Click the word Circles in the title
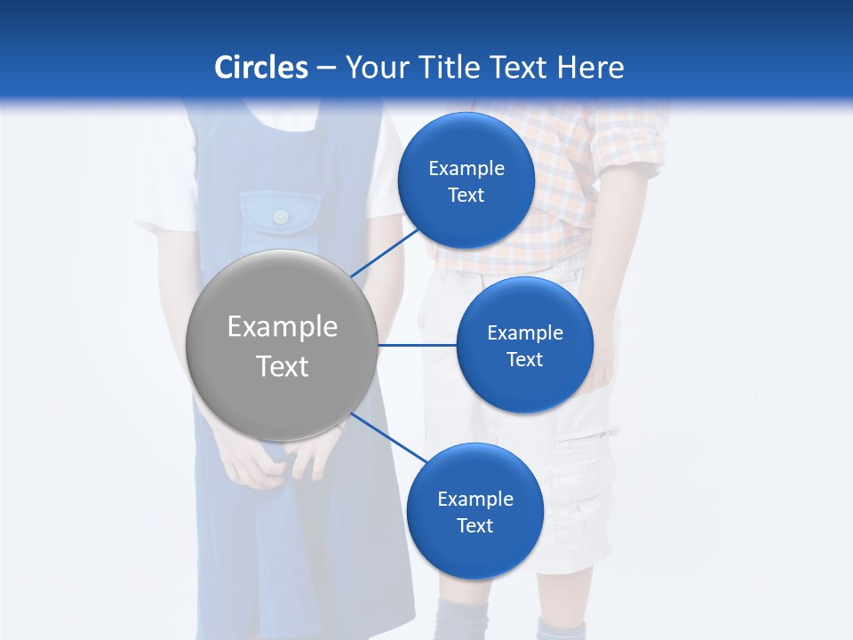point(261,68)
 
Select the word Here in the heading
point(590,68)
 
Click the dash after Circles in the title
point(326,68)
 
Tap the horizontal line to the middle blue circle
point(417,345)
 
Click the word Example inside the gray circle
point(283,327)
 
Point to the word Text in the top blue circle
point(466,196)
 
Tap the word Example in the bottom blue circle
point(474,500)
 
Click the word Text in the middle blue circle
point(524,359)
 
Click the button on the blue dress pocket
point(281,217)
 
